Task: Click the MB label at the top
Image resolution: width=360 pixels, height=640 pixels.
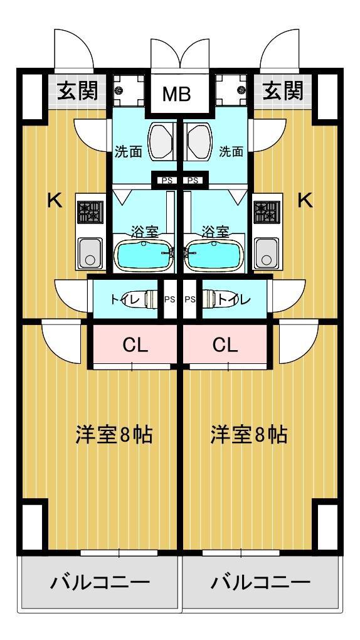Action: (177, 94)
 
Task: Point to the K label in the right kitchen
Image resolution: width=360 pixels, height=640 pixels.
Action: (305, 200)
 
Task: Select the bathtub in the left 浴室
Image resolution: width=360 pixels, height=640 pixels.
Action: (143, 256)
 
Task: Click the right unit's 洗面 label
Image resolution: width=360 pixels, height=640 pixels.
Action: (231, 152)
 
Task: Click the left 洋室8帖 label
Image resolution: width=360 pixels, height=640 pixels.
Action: (114, 435)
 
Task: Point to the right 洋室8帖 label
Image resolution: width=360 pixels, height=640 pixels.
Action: (248, 435)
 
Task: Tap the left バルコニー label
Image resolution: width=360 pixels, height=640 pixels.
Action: (100, 582)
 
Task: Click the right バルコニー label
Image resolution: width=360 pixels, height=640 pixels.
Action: (260, 582)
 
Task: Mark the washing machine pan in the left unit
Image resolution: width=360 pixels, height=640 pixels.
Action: (129, 90)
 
